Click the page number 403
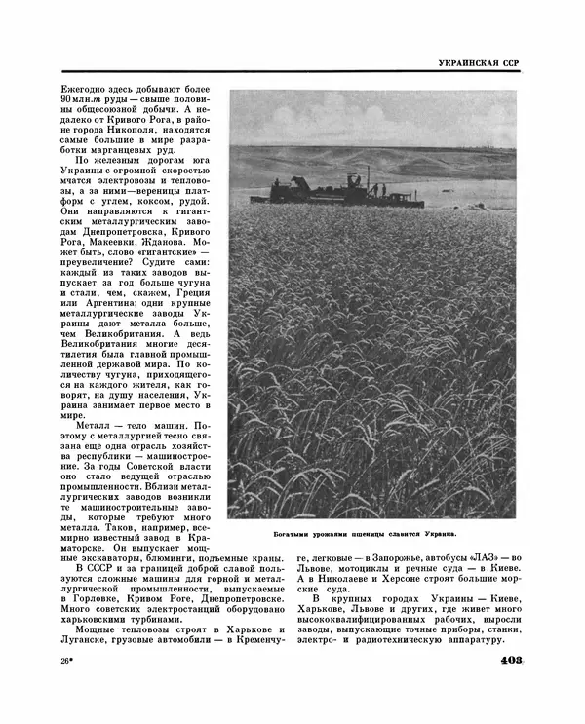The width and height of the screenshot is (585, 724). (505, 661)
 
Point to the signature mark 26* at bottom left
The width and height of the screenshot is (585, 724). (68, 662)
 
